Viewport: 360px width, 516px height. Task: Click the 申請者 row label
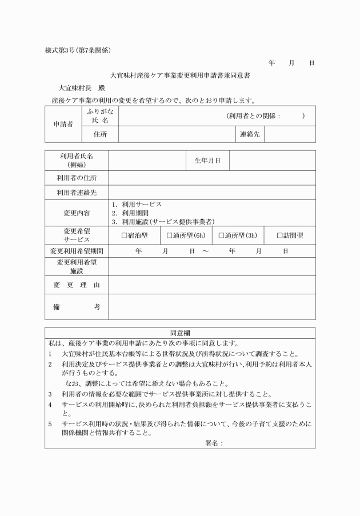coord(63,124)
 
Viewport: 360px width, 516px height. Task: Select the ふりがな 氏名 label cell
coord(100,116)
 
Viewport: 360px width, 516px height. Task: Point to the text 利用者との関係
coord(254,116)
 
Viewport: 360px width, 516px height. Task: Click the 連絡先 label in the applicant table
coord(249,134)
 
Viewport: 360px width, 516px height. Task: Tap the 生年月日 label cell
coord(208,161)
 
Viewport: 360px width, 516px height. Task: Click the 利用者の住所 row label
coord(77,178)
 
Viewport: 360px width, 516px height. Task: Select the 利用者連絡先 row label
coord(77,193)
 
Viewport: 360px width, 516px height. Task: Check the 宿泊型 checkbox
coord(125,235)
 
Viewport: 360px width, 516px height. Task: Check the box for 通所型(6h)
coord(170,235)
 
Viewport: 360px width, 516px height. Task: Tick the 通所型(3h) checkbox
coord(221,235)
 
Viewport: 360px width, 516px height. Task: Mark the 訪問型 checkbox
coord(280,235)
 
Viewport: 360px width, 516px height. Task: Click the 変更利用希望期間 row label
coord(77,251)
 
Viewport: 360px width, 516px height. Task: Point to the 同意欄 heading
coord(180,333)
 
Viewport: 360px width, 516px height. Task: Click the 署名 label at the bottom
coord(213,442)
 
